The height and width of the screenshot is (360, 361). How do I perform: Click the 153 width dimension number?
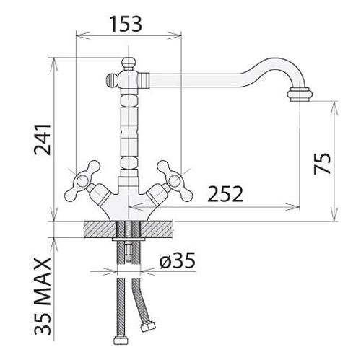point(126,24)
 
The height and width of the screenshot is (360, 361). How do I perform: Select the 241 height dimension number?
point(43,139)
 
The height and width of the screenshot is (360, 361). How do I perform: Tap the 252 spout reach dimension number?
point(225,194)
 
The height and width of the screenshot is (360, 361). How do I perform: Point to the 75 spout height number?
point(322,164)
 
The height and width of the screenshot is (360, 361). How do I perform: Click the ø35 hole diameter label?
point(177,260)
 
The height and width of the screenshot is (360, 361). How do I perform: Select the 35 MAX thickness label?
point(43,297)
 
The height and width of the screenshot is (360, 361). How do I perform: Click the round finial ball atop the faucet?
point(128,63)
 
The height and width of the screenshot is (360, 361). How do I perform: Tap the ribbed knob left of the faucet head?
point(112,79)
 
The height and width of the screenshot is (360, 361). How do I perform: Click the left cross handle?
point(82,181)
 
